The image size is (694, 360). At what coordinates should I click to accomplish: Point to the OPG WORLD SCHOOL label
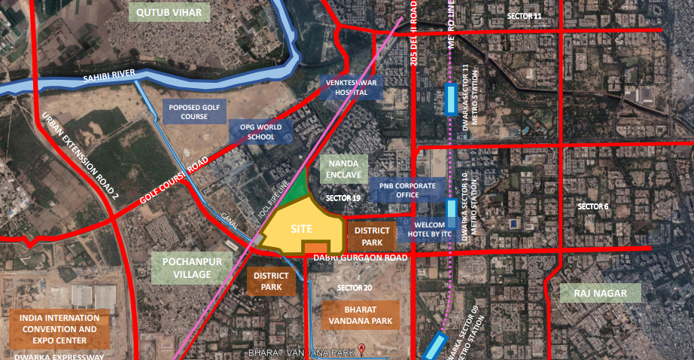click(x=261, y=132)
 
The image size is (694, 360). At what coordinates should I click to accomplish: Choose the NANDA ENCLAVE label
click(x=343, y=169)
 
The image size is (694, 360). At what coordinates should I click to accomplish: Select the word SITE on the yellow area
click(x=301, y=229)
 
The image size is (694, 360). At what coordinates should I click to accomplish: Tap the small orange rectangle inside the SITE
click(x=315, y=248)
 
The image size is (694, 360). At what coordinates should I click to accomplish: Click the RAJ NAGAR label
click(x=601, y=292)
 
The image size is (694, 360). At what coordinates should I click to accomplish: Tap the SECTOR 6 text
click(x=592, y=206)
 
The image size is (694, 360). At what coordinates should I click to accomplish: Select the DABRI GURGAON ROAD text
click(x=359, y=258)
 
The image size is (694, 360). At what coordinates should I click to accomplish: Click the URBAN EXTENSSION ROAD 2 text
click(x=81, y=156)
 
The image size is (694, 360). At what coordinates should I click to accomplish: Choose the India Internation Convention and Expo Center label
click(x=59, y=329)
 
